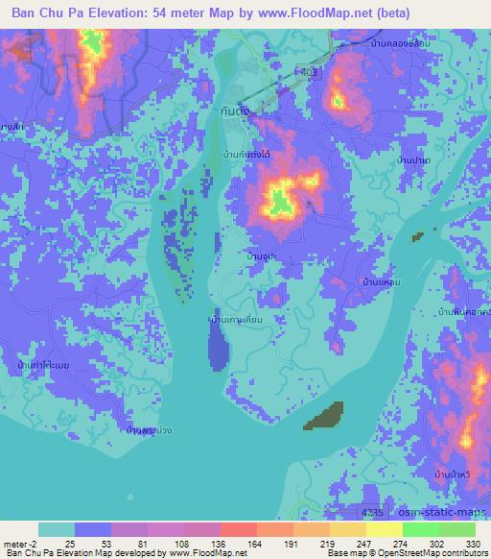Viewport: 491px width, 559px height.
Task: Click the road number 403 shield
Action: click(x=308, y=71)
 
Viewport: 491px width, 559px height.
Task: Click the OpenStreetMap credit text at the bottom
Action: click(x=421, y=554)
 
